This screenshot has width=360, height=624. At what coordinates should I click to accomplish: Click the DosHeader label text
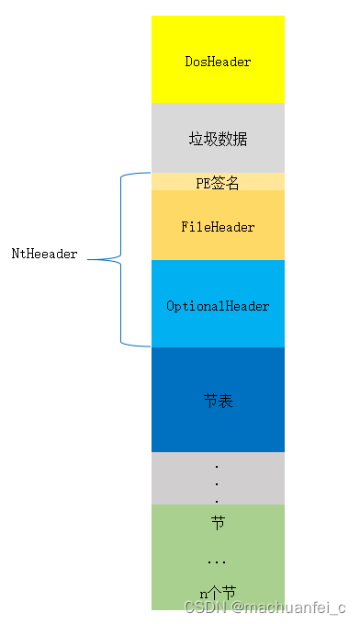pyautogui.click(x=218, y=62)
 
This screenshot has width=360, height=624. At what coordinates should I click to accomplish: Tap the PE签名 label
pyautogui.click(x=218, y=183)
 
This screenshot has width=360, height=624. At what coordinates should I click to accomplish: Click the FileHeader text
pyautogui.click(x=218, y=226)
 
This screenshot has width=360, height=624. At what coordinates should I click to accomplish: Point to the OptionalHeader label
pyautogui.click(x=218, y=305)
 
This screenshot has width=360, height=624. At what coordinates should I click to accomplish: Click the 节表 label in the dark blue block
pyautogui.click(x=218, y=401)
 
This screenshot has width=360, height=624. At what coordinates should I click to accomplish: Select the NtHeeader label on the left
pyautogui.click(x=44, y=253)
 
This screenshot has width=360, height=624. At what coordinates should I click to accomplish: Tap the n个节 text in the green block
pyautogui.click(x=218, y=593)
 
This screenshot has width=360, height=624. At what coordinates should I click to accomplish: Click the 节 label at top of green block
pyautogui.click(x=218, y=522)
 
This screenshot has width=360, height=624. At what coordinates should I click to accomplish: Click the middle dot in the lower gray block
pyautogui.click(x=217, y=483)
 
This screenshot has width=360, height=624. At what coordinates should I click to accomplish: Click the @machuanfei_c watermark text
pyautogui.click(x=287, y=607)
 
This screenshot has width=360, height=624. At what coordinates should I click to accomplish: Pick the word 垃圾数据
pyautogui.click(x=218, y=140)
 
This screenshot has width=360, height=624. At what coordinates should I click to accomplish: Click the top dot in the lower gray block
pyautogui.click(x=217, y=466)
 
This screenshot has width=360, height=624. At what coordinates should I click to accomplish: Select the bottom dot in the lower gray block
pyautogui.click(x=217, y=501)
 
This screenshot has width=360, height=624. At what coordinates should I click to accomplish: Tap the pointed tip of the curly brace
pyautogui.click(x=112, y=259)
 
